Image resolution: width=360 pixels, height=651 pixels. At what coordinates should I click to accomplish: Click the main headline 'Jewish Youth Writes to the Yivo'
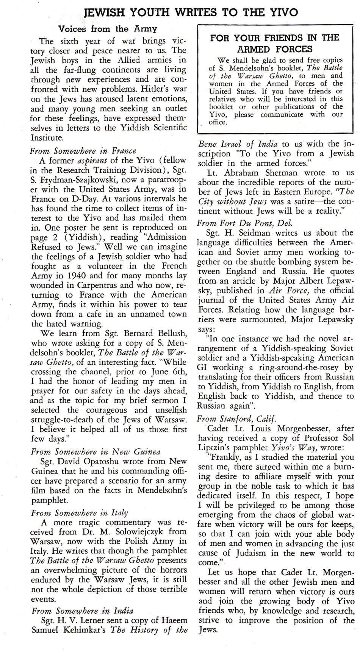point(191,12)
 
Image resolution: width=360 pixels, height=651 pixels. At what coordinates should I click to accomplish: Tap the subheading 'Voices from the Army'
point(108,29)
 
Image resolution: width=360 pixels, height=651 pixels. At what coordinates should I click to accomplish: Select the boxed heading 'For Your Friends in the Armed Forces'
point(275,43)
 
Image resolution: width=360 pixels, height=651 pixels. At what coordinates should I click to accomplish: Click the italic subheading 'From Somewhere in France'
point(83,150)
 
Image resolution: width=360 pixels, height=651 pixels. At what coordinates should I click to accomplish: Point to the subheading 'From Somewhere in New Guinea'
point(96,451)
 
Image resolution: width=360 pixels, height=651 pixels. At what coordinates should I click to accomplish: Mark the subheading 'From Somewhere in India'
point(82,610)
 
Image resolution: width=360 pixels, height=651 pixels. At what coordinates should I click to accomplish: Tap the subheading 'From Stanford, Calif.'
point(236,418)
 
